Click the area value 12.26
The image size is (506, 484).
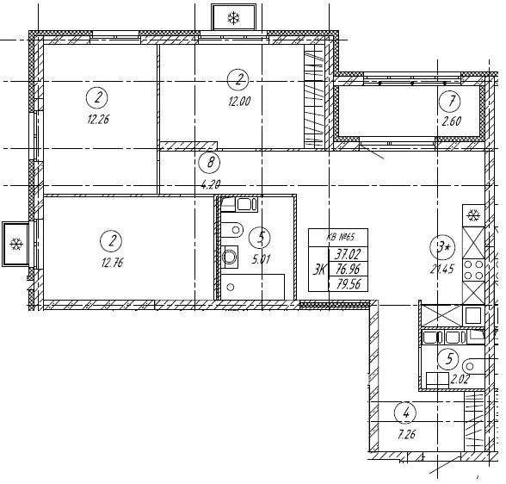click(98, 120)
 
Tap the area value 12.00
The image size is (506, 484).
click(239, 102)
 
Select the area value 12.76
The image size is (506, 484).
click(112, 263)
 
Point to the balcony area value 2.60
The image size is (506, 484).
click(451, 121)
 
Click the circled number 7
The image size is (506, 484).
click(450, 102)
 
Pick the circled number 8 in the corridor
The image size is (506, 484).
click(210, 163)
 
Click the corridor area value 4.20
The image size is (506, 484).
click(210, 184)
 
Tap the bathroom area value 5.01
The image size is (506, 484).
click(261, 259)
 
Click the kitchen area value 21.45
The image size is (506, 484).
click(441, 269)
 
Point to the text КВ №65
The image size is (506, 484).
click(340, 238)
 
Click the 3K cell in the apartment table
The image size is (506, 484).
click(319, 269)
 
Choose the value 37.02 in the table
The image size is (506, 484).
click(348, 254)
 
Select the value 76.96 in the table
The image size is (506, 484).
click(348, 269)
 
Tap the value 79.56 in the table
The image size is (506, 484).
click(349, 284)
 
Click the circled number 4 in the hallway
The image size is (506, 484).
click(405, 413)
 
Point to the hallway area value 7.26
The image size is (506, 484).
click(406, 435)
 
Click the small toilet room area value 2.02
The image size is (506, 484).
click(460, 378)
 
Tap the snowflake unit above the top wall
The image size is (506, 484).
click(234, 17)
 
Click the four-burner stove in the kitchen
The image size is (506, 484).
click(473, 270)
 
